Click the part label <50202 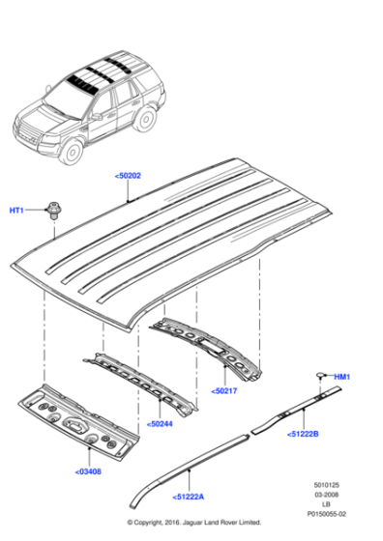(x=128, y=175)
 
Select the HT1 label (x=17, y=211)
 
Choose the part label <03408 (x=89, y=473)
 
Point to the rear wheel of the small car (x=146, y=118)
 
